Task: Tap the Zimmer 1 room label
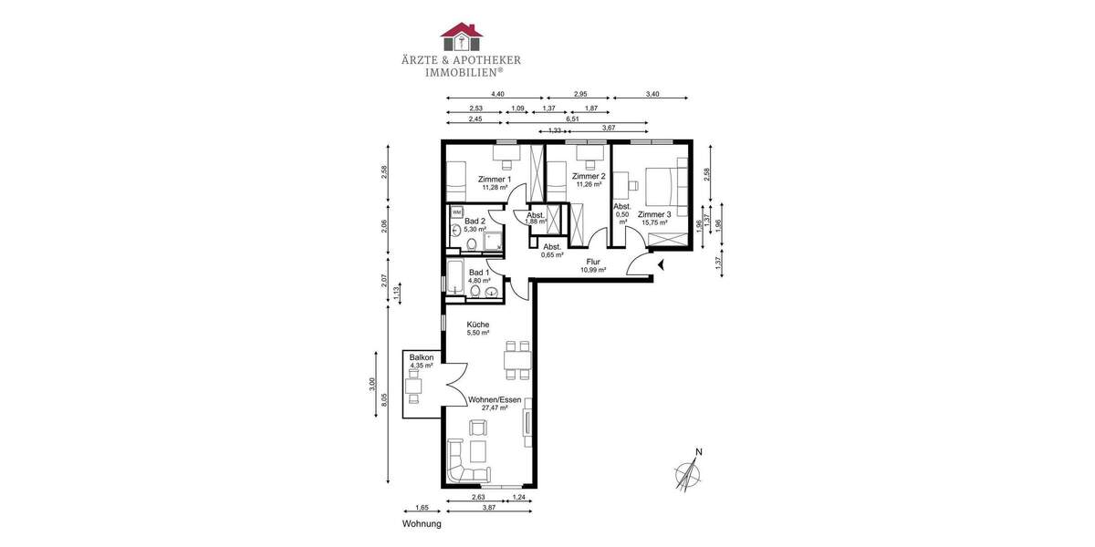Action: coord(495,180)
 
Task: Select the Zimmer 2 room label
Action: coord(589,176)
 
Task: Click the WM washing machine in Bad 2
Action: coord(456,212)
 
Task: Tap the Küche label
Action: coord(478,325)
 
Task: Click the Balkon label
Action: coord(421,357)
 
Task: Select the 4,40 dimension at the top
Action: coord(497,94)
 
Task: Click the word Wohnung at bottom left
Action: coord(422,524)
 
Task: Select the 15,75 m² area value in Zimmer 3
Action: coord(654,222)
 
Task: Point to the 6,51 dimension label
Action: coord(572,119)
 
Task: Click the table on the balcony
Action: coord(415,385)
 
